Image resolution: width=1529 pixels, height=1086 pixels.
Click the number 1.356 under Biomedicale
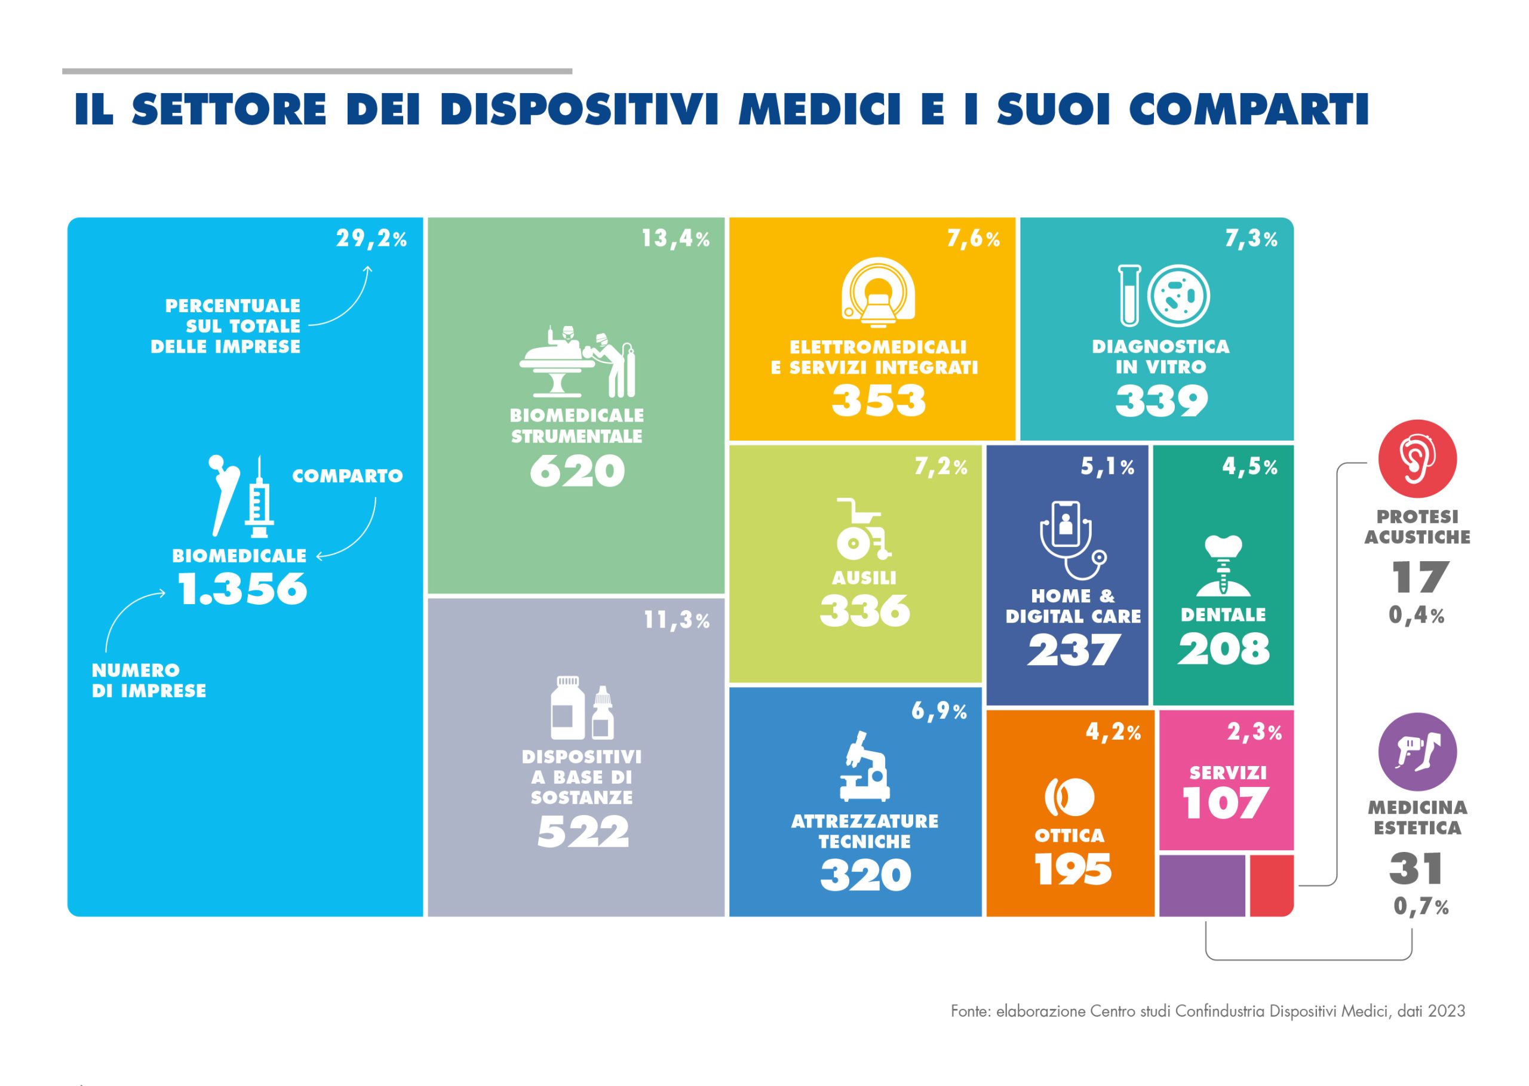click(x=242, y=589)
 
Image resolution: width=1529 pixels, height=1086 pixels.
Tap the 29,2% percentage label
click(x=371, y=239)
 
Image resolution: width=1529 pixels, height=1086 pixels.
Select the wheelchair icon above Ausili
click(x=864, y=528)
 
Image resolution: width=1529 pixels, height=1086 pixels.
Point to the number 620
click(x=576, y=472)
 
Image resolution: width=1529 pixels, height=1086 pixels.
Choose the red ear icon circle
click(x=1417, y=459)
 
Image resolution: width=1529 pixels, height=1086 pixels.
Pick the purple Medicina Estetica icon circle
click(x=1417, y=752)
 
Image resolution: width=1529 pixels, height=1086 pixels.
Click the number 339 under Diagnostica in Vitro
click(x=1161, y=401)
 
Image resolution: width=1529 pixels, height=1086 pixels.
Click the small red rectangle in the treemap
click(x=1271, y=885)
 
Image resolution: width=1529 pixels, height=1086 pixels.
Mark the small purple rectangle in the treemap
click(x=1201, y=885)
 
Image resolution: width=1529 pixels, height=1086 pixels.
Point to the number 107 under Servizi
click(x=1226, y=803)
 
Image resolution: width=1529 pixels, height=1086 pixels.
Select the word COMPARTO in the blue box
click(x=347, y=476)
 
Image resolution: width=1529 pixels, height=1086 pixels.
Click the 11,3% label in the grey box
click(x=676, y=620)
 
